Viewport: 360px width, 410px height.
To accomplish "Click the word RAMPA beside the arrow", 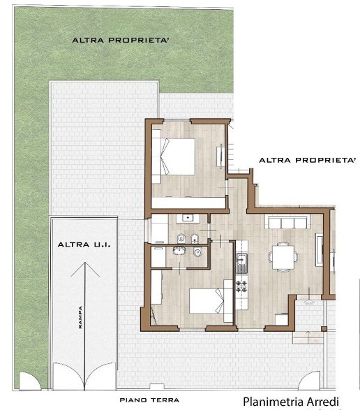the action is pyautogui.click(x=80, y=317).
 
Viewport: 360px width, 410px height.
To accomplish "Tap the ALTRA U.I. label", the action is pyautogui.click(x=84, y=245).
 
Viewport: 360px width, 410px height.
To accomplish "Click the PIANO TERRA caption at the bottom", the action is pyautogui.click(x=149, y=400).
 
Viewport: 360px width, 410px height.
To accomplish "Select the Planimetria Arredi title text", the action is pyautogui.click(x=291, y=402).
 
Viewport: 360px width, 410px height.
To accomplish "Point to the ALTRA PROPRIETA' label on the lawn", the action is pyautogui.click(x=121, y=41).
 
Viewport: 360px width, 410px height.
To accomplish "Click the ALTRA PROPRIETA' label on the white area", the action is pyautogui.click(x=307, y=160).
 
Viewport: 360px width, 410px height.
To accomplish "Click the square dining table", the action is pyautogui.click(x=283, y=257).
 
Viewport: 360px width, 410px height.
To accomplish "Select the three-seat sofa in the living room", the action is pyautogui.click(x=287, y=221).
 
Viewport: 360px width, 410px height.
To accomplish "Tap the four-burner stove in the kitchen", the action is pyautogui.click(x=241, y=286).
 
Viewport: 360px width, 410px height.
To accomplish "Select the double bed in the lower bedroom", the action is pyautogui.click(x=207, y=301).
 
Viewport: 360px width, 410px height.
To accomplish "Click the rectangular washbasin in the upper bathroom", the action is pyautogui.click(x=188, y=217).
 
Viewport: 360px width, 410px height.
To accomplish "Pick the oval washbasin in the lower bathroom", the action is pyautogui.click(x=179, y=251).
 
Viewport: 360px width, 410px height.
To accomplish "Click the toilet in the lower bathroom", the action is pyautogui.click(x=197, y=252).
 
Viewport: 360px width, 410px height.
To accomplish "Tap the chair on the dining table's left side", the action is pyautogui.click(x=271, y=257).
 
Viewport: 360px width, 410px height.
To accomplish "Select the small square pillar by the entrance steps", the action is pyautogui.click(x=324, y=329).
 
